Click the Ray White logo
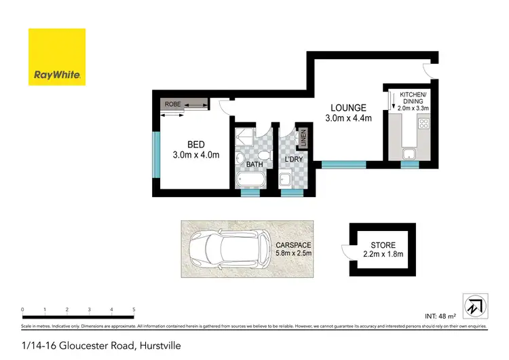pos(56,57)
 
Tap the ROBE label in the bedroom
pos(172,104)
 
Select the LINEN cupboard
pos(303,137)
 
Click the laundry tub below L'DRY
pos(287,180)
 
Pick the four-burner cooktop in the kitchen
pos(424,124)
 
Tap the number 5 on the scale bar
pos(134,310)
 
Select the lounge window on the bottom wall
pos(344,164)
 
